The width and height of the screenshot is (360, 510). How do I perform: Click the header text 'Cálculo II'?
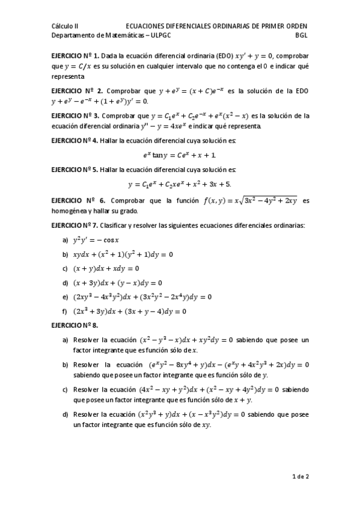pos(65,26)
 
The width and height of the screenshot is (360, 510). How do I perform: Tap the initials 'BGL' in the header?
pos(301,35)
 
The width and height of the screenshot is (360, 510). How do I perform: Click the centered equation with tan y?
pos(180,155)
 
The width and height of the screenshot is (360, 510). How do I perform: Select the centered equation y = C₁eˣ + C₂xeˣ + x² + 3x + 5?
pos(180,184)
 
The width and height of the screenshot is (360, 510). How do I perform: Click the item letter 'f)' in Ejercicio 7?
pos(65,312)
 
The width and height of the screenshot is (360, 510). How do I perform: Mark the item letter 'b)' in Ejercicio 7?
pos(65,254)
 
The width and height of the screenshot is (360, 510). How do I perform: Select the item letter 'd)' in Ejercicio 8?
pos(65,414)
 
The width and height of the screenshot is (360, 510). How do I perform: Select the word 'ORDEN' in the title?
pos(295,26)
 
